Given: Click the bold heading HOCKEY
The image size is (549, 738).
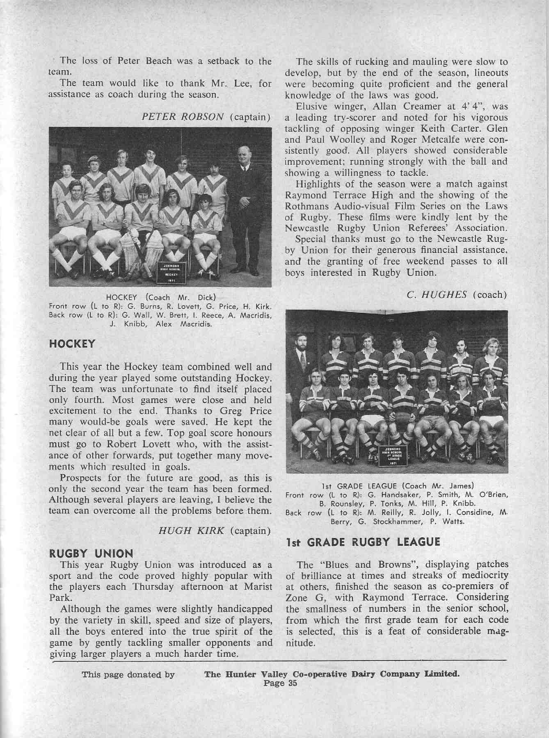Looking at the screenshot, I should [72, 344].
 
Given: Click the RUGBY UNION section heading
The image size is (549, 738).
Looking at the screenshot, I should [91, 554].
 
